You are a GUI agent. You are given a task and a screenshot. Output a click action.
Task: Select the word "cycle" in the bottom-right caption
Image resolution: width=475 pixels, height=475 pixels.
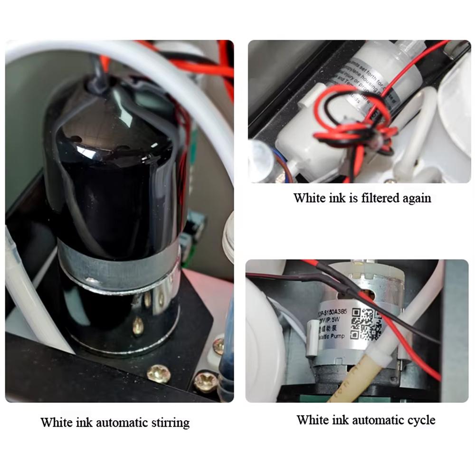click(418, 420)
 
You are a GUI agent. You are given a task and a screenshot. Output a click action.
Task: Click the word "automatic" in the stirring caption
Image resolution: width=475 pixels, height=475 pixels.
click(118, 422)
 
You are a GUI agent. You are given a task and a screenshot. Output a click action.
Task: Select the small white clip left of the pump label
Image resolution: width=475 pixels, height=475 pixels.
click(312, 337)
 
